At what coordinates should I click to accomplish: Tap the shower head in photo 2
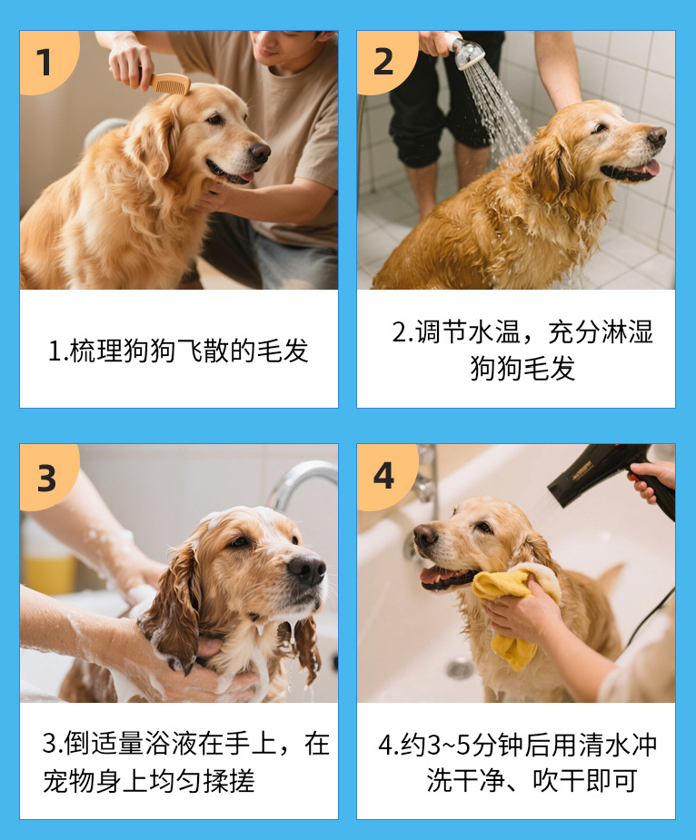tap(467, 52)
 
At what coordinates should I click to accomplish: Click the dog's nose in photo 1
tap(261, 153)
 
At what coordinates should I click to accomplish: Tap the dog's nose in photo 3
tap(307, 568)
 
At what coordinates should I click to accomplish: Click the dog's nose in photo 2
tap(656, 137)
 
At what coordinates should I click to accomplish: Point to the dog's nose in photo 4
tap(426, 536)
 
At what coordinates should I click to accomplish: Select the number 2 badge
tap(385, 62)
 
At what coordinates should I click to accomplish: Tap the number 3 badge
tap(47, 477)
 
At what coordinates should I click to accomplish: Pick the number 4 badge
tap(385, 476)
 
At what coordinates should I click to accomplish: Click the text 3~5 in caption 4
tap(443, 746)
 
